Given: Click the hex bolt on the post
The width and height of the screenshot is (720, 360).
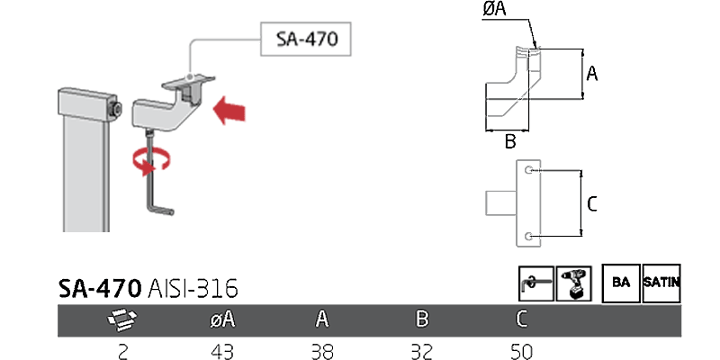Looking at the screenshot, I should tap(117, 109).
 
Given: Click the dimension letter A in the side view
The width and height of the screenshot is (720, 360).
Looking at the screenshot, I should tap(591, 74).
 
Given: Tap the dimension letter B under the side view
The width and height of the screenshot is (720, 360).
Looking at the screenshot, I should tap(509, 141).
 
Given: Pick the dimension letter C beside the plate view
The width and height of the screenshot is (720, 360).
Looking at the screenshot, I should tap(591, 204).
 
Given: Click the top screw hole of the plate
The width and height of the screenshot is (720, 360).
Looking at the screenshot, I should tap(528, 170).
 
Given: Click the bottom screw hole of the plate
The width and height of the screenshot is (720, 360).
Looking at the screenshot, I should tap(528, 236).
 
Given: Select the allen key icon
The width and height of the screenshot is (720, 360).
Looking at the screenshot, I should tap(535, 283).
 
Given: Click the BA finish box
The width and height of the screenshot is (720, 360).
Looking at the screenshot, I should tap(620, 283).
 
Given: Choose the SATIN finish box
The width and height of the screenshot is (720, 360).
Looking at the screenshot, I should tap(661, 283).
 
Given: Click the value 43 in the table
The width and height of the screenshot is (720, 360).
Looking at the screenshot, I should tap(221, 350).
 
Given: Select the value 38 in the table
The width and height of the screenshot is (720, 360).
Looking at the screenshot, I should tap(321, 350).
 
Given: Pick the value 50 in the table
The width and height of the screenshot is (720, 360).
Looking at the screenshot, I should tap(521, 350).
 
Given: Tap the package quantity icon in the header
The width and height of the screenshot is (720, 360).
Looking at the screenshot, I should tap(122, 319).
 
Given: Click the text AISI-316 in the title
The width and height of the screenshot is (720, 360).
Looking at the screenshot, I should tap(194, 288).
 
